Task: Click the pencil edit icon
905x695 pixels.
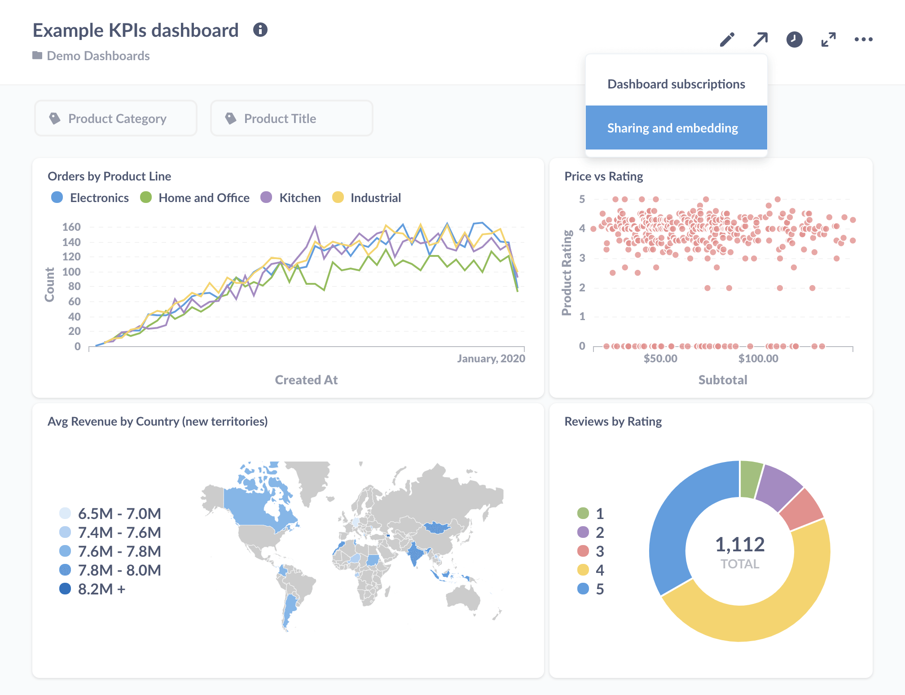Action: pyautogui.click(x=727, y=40)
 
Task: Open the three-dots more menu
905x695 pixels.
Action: pyautogui.click(x=863, y=40)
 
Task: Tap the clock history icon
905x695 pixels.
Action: pyautogui.click(x=794, y=40)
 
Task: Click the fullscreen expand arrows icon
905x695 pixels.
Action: pyautogui.click(x=828, y=40)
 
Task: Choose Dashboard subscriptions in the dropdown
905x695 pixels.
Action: pyautogui.click(x=676, y=84)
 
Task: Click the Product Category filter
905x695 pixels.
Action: pyautogui.click(x=116, y=119)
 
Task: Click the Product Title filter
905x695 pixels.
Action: pyautogui.click(x=292, y=119)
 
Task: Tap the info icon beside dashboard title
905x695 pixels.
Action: pyautogui.click(x=260, y=30)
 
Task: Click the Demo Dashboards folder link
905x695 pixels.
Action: pyautogui.click(x=98, y=56)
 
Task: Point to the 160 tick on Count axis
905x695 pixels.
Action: pyautogui.click(x=71, y=227)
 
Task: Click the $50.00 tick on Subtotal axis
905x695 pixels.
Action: pyautogui.click(x=660, y=358)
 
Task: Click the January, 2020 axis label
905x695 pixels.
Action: pyautogui.click(x=491, y=358)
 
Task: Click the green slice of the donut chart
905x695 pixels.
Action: pyautogui.click(x=750, y=479)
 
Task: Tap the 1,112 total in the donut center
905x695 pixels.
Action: pyautogui.click(x=740, y=545)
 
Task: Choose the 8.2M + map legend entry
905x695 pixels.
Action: pyautogui.click(x=101, y=589)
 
